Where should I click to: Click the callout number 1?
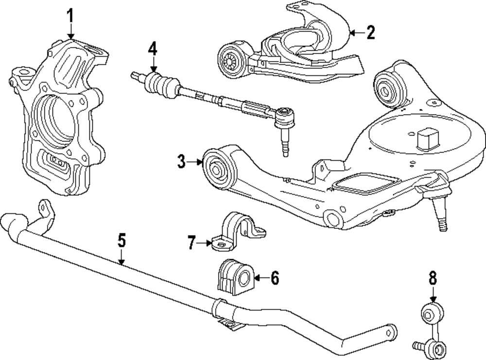coord(71,16)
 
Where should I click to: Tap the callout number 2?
coord(371,33)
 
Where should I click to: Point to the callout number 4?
coord(153,49)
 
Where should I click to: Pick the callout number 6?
coord(275,278)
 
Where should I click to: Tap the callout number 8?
coord(433,278)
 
